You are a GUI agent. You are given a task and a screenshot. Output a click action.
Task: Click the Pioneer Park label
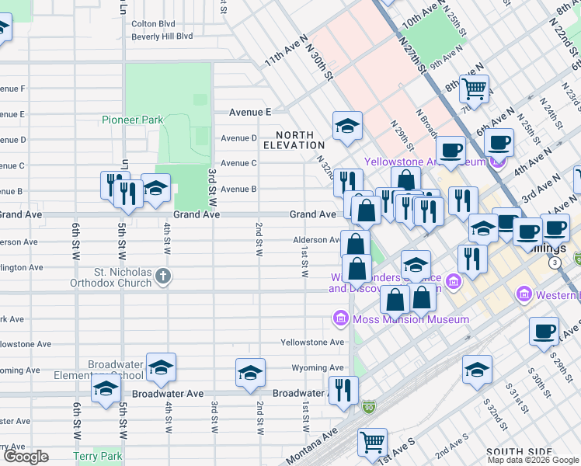(132, 120)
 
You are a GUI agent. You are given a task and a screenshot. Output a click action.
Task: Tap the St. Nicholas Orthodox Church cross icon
(162, 275)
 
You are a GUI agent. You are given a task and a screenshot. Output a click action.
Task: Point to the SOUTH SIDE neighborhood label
(519, 451)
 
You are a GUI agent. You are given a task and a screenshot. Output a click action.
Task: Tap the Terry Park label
(97, 456)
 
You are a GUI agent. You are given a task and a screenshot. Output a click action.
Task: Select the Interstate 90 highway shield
(368, 406)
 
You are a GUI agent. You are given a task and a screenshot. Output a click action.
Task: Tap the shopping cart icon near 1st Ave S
(372, 442)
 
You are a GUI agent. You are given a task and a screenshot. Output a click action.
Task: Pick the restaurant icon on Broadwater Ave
(343, 390)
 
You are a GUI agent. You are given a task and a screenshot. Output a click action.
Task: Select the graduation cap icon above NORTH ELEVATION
(347, 125)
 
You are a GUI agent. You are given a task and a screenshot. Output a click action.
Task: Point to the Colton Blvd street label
(154, 24)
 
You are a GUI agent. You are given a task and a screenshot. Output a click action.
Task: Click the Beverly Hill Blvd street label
(162, 36)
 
